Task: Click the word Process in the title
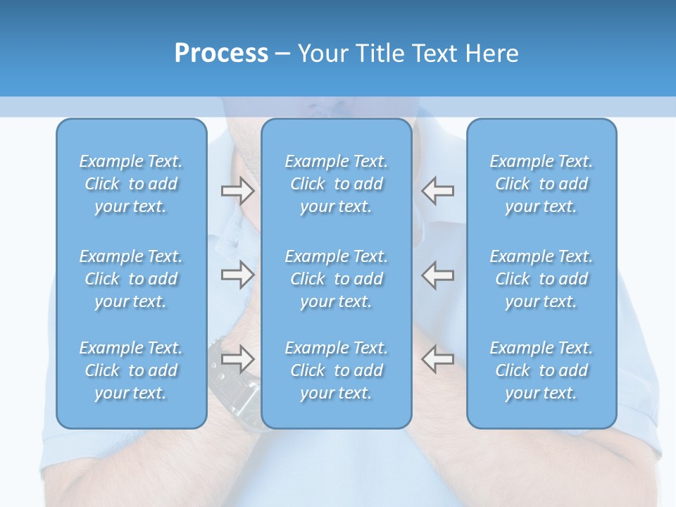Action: click(x=221, y=54)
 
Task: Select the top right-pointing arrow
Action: click(x=237, y=190)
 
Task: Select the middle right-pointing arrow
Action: click(x=237, y=275)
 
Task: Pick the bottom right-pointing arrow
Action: click(x=237, y=359)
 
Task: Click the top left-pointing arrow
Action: click(x=438, y=190)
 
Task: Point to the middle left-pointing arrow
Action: click(x=438, y=275)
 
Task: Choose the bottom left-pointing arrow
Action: click(x=438, y=359)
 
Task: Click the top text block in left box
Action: click(x=131, y=184)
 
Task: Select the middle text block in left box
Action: click(x=131, y=279)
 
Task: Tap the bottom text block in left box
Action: click(x=131, y=370)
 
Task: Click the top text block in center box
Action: click(x=337, y=184)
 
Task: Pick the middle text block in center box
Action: click(x=337, y=279)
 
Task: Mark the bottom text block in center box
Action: click(x=337, y=370)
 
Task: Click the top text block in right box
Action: click(x=542, y=184)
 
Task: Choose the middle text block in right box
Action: click(x=542, y=279)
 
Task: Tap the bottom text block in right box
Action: click(x=542, y=370)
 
